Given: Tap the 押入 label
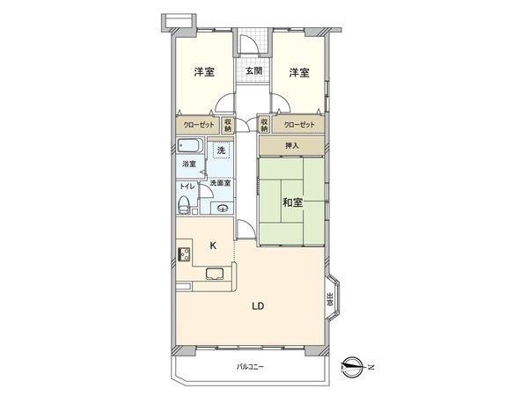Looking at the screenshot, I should tap(290, 146).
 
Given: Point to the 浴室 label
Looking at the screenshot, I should tap(188, 165).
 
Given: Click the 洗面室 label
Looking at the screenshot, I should tap(221, 183).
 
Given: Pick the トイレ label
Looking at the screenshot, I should tap(187, 187).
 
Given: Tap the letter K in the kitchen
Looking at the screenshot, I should tap(212, 246).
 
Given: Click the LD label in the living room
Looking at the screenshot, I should tap(258, 306).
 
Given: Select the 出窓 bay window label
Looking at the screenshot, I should tap(329, 299).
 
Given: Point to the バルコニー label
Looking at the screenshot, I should tap(250, 366).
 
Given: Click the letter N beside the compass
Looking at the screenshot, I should tap(370, 366).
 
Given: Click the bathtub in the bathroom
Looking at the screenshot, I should tap(189, 147).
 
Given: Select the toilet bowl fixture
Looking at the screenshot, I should tap(183, 206).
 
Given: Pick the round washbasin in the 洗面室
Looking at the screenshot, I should tap(223, 208).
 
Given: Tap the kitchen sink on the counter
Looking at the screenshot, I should tap(215, 274).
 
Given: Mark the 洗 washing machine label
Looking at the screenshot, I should tap(221, 150).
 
